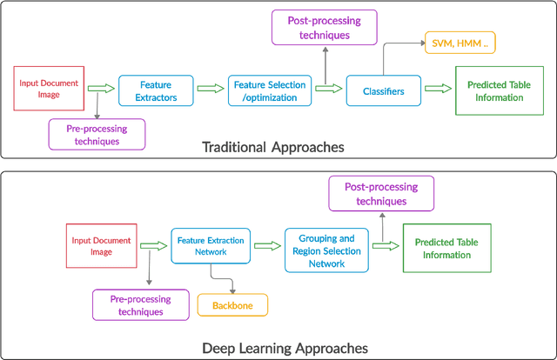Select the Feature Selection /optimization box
(x=269, y=90)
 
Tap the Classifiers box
(x=383, y=91)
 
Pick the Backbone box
(x=232, y=305)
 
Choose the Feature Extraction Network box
(x=211, y=245)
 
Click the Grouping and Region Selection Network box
(x=321, y=250)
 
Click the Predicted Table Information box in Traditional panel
(x=500, y=91)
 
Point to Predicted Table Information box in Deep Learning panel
(x=442, y=249)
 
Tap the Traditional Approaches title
(x=272, y=147)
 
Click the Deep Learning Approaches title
(x=285, y=348)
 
